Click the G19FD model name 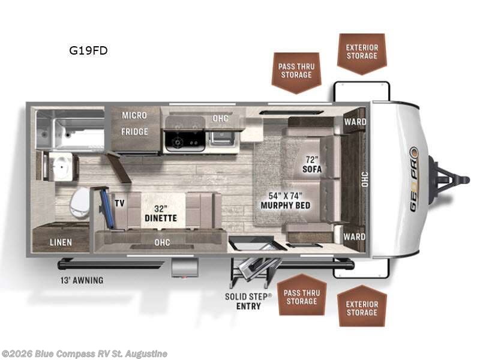point(88,50)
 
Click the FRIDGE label point(134,131)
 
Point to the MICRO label point(134,115)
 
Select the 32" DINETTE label point(160,213)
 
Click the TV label point(119,203)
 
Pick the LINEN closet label point(61,242)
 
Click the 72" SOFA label point(312,164)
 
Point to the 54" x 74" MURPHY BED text point(285,200)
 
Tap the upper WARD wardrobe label point(355,122)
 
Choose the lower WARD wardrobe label point(355,236)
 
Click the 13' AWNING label point(80,280)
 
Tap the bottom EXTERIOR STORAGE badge point(362,308)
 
